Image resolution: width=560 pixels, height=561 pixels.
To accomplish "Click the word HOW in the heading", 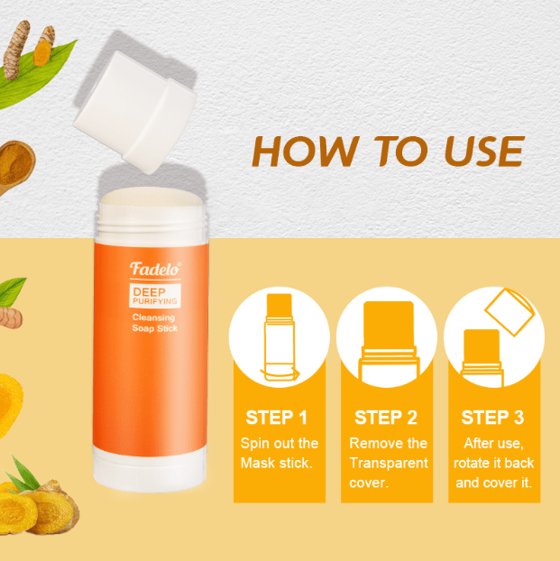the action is click(304, 151).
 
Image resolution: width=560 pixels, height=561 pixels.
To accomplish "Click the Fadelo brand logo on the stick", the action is click(155, 269).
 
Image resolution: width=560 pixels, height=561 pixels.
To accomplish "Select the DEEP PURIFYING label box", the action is click(155, 296).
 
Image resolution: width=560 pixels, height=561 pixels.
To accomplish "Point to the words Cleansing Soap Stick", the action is click(154, 323).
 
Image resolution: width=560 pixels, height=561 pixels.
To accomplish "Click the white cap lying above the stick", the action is click(135, 112).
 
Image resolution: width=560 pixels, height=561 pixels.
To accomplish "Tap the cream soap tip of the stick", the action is click(151, 198).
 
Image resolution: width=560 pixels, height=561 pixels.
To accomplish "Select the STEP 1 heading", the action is click(276, 418).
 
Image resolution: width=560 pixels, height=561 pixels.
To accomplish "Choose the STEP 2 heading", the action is click(386, 418).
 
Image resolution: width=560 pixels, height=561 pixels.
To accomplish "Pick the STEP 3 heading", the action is click(492, 418).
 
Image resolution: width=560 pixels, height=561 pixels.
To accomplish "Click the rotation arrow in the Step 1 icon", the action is click(280, 376).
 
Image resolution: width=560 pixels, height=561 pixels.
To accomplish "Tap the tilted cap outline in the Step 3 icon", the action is click(510, 312).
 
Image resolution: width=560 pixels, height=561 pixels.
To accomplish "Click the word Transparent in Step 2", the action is click(389, 463).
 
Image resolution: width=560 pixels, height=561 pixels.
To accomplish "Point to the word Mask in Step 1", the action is click(257, 463).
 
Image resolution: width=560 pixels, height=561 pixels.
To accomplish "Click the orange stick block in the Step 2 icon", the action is click(389, 324).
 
